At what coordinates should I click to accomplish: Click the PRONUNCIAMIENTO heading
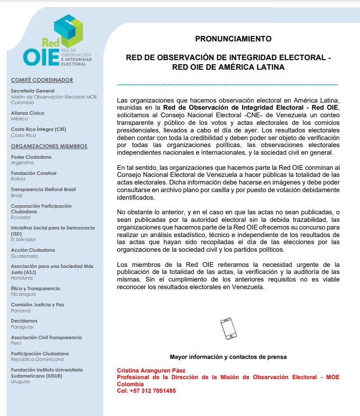click(233, 38)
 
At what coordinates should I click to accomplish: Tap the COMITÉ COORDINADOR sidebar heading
click(42, 80)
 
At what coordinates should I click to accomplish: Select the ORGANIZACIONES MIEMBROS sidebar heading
click(49, 147)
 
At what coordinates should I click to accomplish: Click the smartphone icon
click(228, 329)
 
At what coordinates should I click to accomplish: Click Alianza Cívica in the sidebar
click(27, 113)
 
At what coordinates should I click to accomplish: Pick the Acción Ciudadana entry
click(33, 250)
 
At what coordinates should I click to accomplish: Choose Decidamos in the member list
click(24, 320)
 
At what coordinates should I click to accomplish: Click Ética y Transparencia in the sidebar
click(35, 288)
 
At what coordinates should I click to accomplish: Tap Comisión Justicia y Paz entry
click(37, 304)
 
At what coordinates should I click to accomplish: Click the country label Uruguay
click(21, 381)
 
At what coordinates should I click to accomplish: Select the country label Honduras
click(22, 278)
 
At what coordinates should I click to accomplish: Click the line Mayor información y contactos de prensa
click(228, 357)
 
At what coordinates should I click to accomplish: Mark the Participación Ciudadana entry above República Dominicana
click(40, 353)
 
